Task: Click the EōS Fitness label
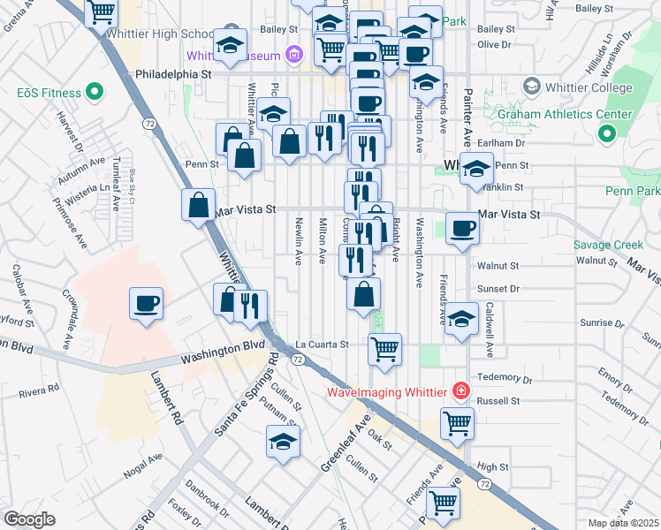(49, 93)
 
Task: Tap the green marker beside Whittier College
(531, 87)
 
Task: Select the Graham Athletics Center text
(565, 114)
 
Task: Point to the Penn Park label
(634, 191)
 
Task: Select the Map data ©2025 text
(624, 523)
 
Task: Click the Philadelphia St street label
(172, 75)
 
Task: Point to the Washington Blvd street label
(224, 358)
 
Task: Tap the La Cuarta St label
(322, 344)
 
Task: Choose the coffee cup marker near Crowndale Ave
(146, 303)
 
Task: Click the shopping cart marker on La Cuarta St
(384, 349)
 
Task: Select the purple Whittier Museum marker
(294, 56)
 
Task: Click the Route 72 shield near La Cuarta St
(299, 360)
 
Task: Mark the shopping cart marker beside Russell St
(457, 423)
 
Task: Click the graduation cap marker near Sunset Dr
(461, 319)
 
